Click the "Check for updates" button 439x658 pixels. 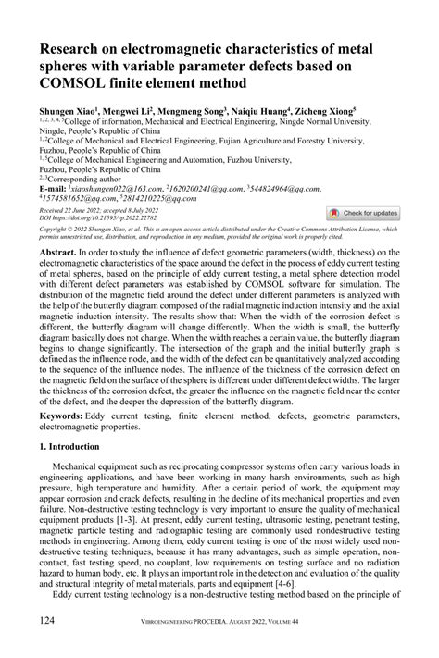coord(363,213)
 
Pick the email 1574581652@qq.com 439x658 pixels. coord(78,198)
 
